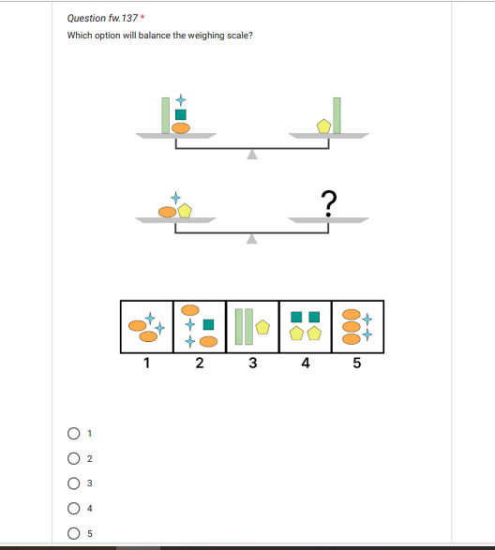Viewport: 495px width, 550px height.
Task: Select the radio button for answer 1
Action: tap(74, 434)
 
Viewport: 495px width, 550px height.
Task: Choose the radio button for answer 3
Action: tap(74, 483)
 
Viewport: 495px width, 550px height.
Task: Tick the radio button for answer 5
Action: tap(74, 533)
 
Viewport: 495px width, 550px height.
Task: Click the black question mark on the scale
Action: tap(329, 203)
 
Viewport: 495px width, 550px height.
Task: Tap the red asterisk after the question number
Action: tap(142, 17)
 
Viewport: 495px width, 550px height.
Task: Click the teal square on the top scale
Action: tap(181, 114)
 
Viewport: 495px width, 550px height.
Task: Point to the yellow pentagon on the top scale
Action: tap(323, 126)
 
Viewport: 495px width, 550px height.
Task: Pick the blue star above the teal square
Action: tap(181, 100)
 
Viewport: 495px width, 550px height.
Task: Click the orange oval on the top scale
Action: tap(181, 128)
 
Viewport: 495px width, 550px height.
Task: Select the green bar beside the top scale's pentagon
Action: tap(337, 115)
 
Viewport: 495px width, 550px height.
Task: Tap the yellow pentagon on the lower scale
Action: tap(185, 211)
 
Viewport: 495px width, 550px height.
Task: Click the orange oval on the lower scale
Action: tap(168, 212)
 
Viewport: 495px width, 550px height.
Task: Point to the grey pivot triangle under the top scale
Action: tap(252, 155)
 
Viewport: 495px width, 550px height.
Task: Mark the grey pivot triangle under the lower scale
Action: tap(251, 239)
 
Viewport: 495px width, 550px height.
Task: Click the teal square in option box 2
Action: tap(208, 324)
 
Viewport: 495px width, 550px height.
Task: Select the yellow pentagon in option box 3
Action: tap(262, 327)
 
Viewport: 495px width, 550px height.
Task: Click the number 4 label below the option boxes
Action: tap(306, 363)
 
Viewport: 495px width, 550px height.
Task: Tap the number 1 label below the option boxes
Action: tap(147, 363)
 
